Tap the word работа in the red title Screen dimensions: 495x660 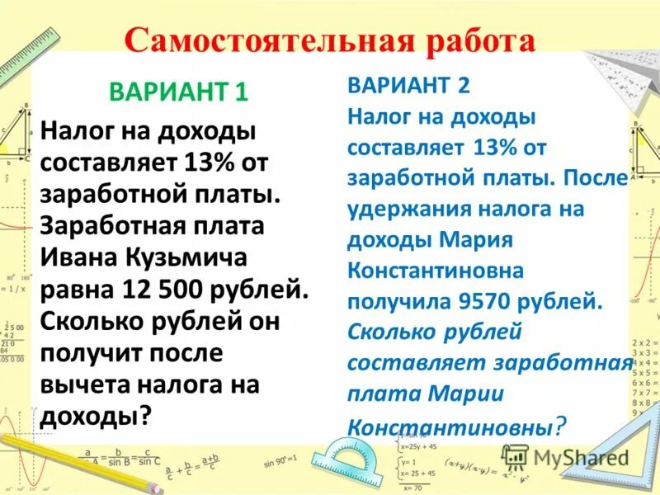(x=474, y=42)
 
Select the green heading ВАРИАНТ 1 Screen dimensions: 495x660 (x=179, y=91)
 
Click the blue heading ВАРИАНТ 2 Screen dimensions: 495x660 (x=408, y=84)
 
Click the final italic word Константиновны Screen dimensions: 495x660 (x=450, y=427)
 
